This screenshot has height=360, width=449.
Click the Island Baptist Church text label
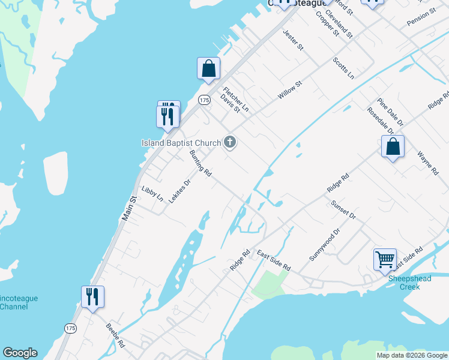181,143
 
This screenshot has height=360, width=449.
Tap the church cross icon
229,142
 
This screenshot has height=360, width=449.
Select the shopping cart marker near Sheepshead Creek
385,260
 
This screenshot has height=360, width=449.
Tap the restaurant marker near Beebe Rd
92,297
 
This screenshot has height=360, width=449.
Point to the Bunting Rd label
200,163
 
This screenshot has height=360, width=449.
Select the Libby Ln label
152,193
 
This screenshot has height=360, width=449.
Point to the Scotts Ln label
343,68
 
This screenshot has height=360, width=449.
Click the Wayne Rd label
427,163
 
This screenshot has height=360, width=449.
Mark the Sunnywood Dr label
325,244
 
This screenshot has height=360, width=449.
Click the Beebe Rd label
115,337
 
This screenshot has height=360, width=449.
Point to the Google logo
20,353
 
